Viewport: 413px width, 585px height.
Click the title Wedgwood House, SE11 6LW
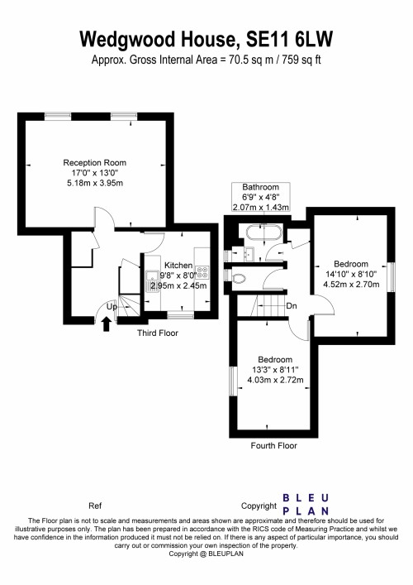(x=206, y=38)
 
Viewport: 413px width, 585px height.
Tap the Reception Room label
(x=95, y=162)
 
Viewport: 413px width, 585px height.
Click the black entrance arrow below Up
(x=105, y=324)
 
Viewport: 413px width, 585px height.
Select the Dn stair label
(x=292, y=306)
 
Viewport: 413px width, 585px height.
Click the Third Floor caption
(x=157, y=333)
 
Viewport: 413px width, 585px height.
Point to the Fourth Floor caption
(x=273, y=445)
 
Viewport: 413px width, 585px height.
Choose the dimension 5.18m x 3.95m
(x=95, y=184)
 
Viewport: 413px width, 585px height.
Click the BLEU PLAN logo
(x=306, y=504)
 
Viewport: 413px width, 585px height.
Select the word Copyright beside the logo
(x=258, y=505)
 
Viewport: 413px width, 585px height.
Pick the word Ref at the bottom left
(x=94, y=505)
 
